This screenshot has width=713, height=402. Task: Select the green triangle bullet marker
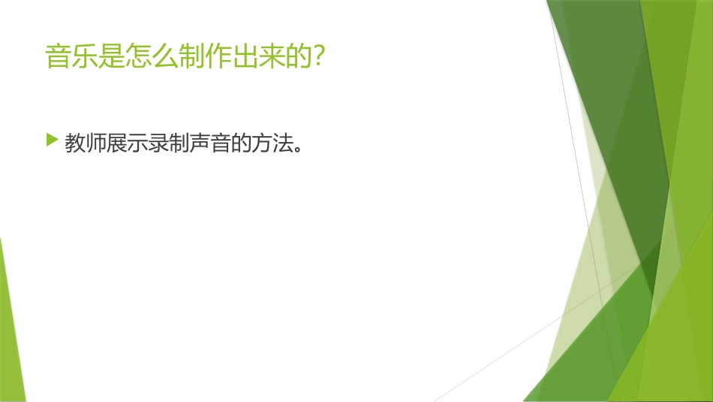pos(51,140)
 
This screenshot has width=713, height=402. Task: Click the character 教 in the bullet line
pos(75,144)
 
